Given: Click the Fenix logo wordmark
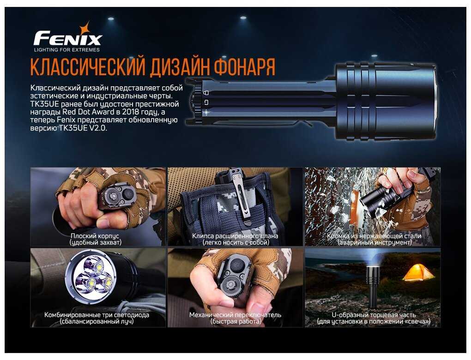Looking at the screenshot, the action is coord(68,39).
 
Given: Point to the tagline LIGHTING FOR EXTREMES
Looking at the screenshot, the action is coord(66,50).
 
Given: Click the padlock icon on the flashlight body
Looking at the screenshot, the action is coord(206,92).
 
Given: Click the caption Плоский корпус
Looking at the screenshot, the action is coord(95,236).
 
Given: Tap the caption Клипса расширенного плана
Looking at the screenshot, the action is coord(235,236).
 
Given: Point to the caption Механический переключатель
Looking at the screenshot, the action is coord(235,315).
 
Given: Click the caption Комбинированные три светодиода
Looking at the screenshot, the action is coord(97,315).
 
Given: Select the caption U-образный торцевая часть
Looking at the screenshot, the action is coord(374,315).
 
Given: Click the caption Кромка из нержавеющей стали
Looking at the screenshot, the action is coord(374,236).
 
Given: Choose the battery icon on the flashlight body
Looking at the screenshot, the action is coord(206,102).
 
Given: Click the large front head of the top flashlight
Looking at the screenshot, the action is coord(386,102).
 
